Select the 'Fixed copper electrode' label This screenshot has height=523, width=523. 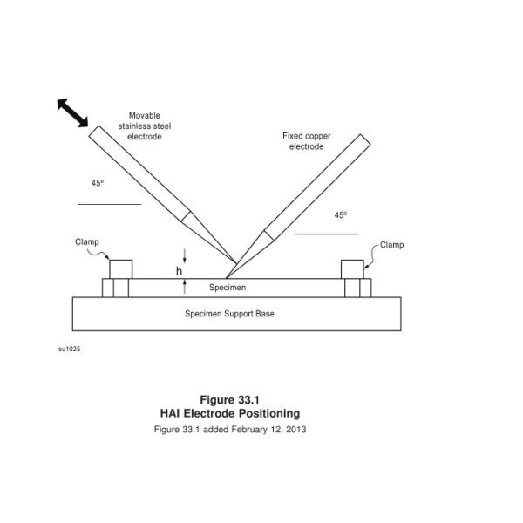(306, 141)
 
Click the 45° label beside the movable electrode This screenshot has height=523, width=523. (98, 183)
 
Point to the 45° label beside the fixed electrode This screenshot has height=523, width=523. (340, 216)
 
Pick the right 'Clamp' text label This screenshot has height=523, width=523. (391, 245)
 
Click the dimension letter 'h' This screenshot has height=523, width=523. (180, 272)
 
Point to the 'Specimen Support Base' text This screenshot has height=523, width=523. (229, 313)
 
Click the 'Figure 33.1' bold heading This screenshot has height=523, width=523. (229, 400)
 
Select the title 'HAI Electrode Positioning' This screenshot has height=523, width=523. (229, 413)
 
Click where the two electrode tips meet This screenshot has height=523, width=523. (235, 262)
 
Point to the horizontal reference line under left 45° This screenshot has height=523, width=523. (109, 204)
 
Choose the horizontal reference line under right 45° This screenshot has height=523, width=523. (326, 234)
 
